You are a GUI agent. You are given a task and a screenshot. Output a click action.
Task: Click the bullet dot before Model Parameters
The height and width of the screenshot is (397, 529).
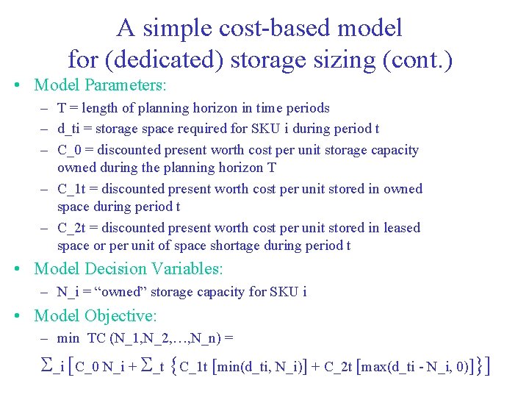coord(18,85)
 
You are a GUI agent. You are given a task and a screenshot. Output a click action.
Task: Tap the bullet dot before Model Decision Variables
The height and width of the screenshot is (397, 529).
coord(18,270)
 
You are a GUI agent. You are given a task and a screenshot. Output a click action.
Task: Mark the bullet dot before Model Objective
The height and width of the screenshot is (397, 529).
coord(18,316)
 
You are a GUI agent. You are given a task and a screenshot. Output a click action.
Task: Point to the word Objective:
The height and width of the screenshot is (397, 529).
coord(120,316)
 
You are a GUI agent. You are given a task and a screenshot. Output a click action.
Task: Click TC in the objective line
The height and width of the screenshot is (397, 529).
coord(97,339)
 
